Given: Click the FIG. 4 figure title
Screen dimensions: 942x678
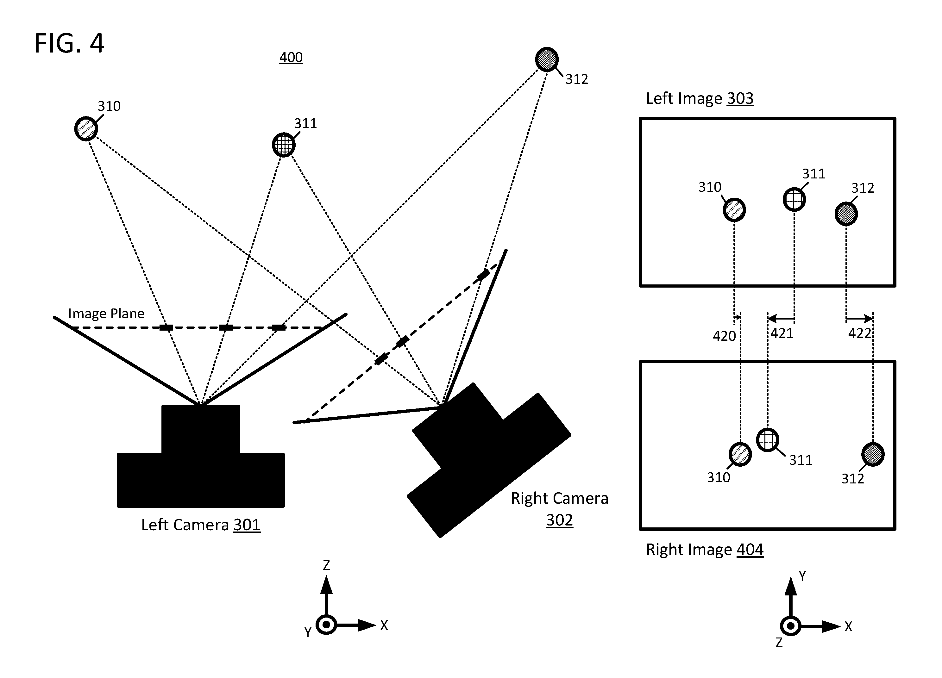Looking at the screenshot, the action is pos(69,43).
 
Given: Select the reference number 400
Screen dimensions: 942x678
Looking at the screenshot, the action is pos(291,57).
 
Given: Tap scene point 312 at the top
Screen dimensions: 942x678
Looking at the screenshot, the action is pos(547,59).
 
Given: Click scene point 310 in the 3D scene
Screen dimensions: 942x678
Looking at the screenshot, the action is pos(86,128).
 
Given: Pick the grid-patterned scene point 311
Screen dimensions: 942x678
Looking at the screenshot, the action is pos(284,145).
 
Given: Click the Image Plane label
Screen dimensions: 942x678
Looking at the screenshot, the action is pos(106,314).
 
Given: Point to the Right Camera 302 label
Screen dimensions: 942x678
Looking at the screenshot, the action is pos(559,509).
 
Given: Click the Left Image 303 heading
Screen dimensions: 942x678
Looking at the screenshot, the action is pos(700,98).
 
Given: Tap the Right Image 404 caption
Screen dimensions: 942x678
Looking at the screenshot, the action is pos(705,549).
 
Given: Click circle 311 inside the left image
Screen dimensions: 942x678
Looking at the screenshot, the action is pos(794,200).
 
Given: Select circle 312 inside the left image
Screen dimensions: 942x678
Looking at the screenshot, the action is pos(846,214).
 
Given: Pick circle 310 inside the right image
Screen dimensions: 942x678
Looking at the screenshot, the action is pos(740,454).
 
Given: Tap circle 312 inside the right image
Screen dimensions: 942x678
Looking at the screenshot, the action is pos(873,454).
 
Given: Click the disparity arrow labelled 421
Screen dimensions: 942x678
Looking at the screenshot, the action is pos(781,319).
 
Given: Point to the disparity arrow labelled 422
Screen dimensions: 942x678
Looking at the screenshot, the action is pos(859,319).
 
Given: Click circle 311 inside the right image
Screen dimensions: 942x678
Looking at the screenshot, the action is pos(768,440).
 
